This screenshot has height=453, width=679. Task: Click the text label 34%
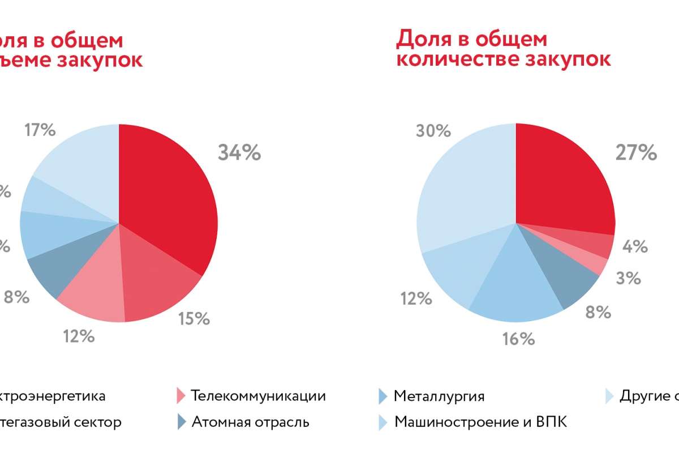pos(239,152)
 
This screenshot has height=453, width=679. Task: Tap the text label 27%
pos(635,152)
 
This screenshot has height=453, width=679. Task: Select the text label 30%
pos(433,131)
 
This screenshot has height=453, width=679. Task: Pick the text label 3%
pos(629,278)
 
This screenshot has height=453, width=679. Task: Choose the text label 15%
pos(194,319)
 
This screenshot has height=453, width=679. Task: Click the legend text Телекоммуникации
pos(259,395)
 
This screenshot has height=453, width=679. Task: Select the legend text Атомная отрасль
pos(251,422)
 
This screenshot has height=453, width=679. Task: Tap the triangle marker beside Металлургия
pos(383,396)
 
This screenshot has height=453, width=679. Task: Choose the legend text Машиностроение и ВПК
pos(480,422)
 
